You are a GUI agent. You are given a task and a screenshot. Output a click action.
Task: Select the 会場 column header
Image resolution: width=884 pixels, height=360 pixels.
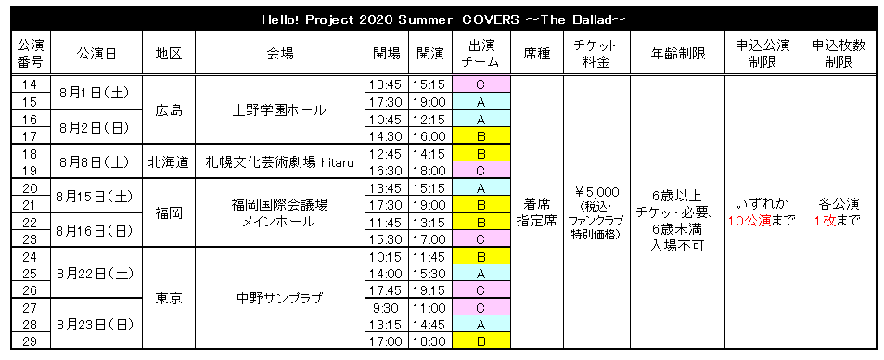tap(280, 54)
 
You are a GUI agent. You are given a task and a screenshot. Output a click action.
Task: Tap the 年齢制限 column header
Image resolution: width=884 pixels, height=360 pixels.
tap(677, 54)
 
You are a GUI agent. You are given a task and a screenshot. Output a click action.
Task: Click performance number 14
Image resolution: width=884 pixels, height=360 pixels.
tap(30, 84)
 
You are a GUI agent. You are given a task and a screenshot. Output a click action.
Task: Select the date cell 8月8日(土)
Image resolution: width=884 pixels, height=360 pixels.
tap(96, 162)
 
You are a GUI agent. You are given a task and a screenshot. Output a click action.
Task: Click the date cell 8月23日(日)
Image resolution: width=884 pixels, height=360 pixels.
tap(96, 324)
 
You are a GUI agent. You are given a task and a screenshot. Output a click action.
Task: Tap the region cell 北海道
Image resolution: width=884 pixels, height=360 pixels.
tap(169, 162)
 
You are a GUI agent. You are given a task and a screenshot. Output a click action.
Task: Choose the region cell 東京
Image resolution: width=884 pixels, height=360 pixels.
tap(169, 298)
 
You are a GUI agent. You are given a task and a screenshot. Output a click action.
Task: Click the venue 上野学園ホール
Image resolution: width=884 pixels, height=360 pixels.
tap(279, 110)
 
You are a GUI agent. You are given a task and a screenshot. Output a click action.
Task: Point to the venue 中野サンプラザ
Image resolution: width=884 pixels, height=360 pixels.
tap(279, 298)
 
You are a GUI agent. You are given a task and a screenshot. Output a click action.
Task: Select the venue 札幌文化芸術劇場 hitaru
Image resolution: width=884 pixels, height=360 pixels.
tap(279, 162)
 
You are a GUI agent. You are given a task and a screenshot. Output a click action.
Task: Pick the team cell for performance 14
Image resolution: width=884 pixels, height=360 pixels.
tap(480, 84)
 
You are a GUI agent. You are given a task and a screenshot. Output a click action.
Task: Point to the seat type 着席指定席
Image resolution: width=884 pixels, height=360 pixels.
tap(537, 212)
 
